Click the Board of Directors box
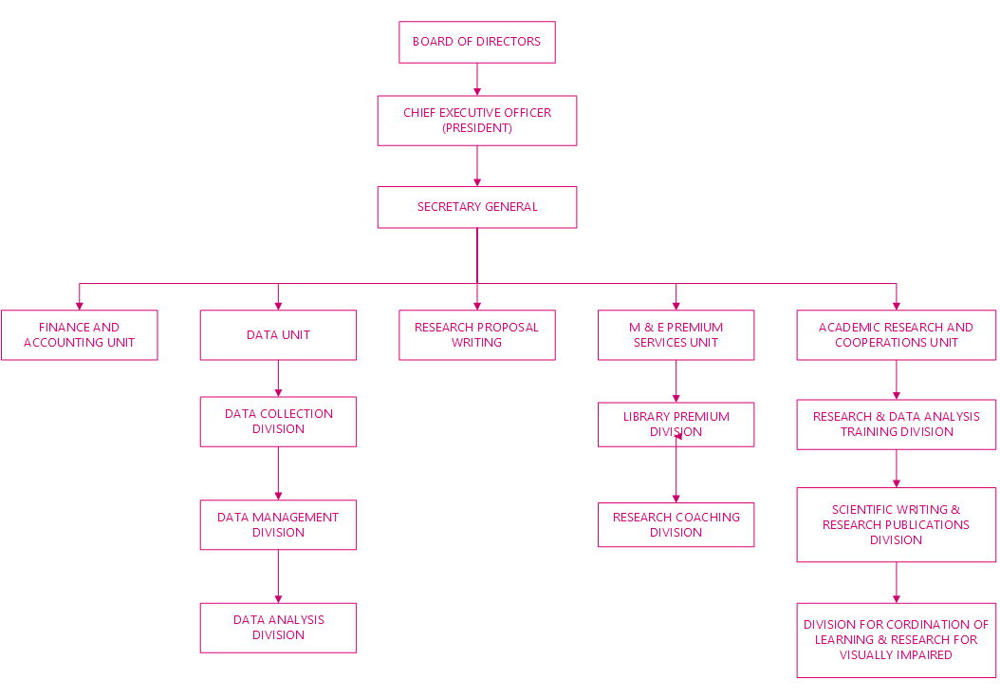(476, 43)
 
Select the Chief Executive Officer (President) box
(476, 120)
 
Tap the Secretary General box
(476, 207)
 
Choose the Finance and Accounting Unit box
(79, 335)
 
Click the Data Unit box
(278, 335)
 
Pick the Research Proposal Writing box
(476, 335)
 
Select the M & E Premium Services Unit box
(676, 335)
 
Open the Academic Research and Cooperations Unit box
(896, 335)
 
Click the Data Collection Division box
(278, 422)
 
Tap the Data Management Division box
(278, 525)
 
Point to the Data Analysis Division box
(278, 628)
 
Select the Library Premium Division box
(676, 425)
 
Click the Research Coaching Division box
(676, 525)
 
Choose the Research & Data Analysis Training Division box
(896, 425)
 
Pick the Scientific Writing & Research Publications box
(896, 525)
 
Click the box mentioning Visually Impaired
(896, 640)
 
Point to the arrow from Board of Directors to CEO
(476, 80)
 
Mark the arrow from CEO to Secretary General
(476, 166)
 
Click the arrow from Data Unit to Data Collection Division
(278, 378)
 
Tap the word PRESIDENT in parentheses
(477, 128)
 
